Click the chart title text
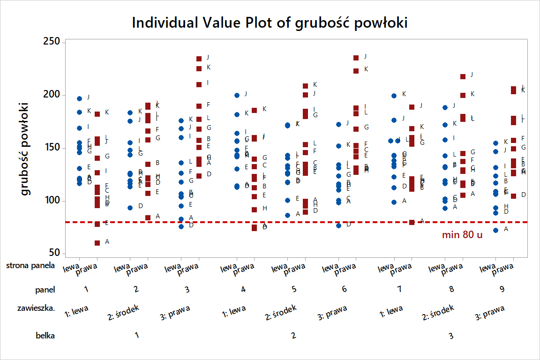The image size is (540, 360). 270,22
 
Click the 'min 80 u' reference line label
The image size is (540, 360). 462,235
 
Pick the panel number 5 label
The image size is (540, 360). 294,289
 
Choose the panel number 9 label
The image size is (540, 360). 502,289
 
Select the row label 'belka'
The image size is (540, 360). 45,335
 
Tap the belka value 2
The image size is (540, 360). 293,335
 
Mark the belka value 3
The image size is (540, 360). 451,335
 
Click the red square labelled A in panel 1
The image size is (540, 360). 97,243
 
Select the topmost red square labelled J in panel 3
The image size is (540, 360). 199,59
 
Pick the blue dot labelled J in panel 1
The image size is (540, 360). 80,98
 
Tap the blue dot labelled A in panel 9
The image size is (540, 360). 496,230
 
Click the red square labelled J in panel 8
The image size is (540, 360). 463,76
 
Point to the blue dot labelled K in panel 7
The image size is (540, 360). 395,96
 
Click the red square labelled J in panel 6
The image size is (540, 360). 356,58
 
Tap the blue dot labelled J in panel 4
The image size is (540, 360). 237,95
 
